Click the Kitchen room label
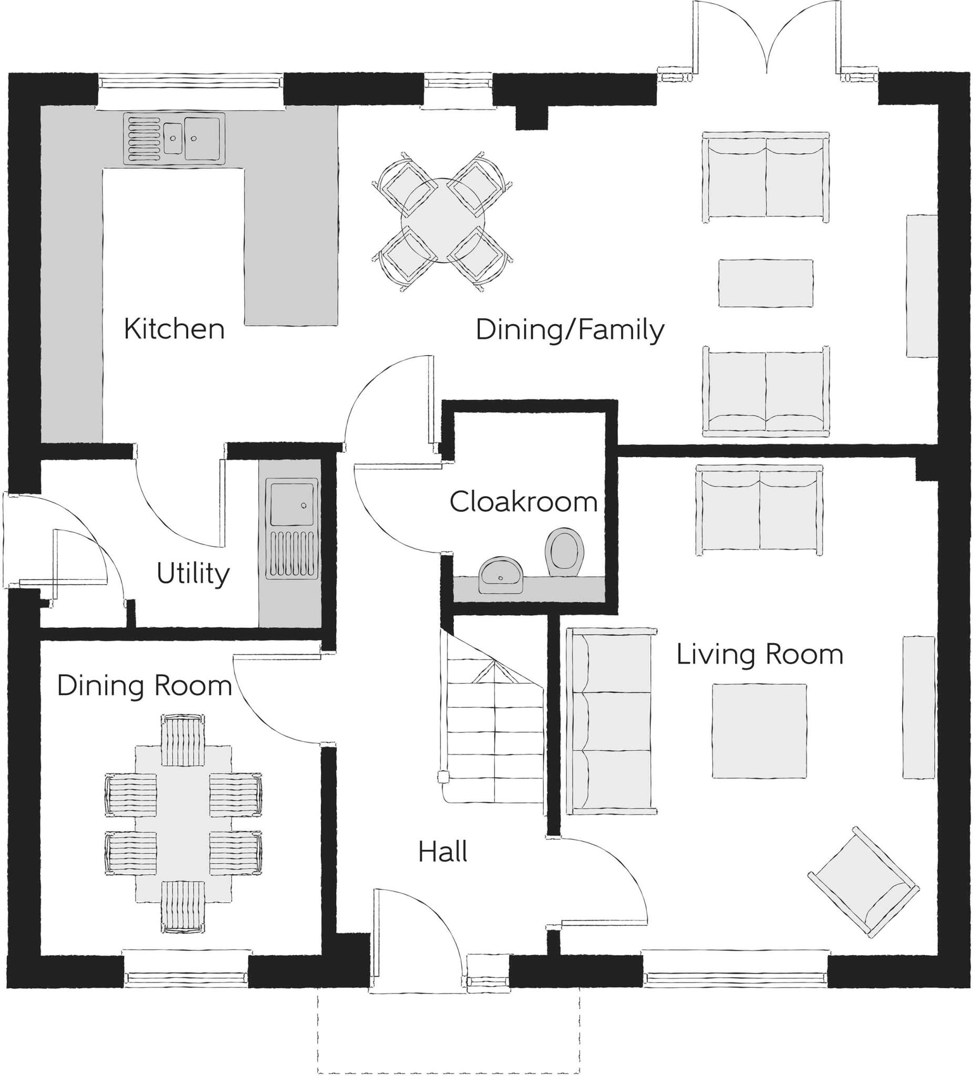pyautogui.click(x=174, y=329)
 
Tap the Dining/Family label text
pyautogui.click(x=570, y=330)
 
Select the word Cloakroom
pyautogui.click(x=523, y=502)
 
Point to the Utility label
pyautogui.click(x=193, y=574)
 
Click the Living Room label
pyautogui.click(x=760, y=654)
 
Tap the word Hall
pyautogui.click(x=442, y=852)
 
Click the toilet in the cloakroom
pyautogui.click(x=564, y=552)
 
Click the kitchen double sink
pyautogui.click(x=174, y=138)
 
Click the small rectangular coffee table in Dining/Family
pyautogui.click(x=765, y=283)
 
